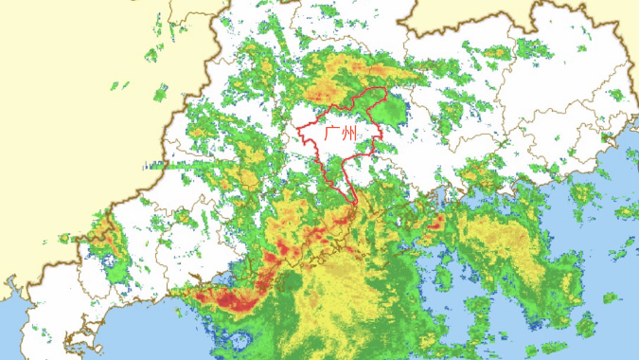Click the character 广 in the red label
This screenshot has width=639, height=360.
[x=331, y=134]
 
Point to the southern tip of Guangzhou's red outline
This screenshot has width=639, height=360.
[x=354, y=205]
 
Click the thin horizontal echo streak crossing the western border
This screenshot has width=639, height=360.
[x=161, y=165]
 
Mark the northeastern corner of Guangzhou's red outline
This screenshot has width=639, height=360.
[x=385, y=89]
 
